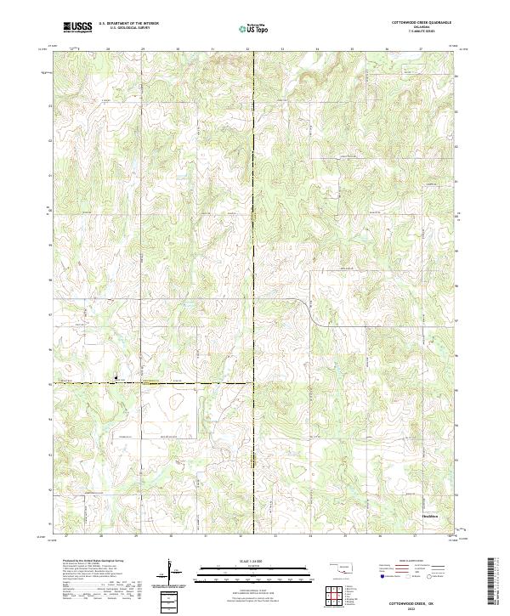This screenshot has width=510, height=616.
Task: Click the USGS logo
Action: coord(77,27)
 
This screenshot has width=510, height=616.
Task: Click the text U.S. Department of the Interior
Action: coord(128,23)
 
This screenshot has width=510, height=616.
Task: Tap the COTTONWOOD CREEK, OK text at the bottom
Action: coord(420,598)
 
